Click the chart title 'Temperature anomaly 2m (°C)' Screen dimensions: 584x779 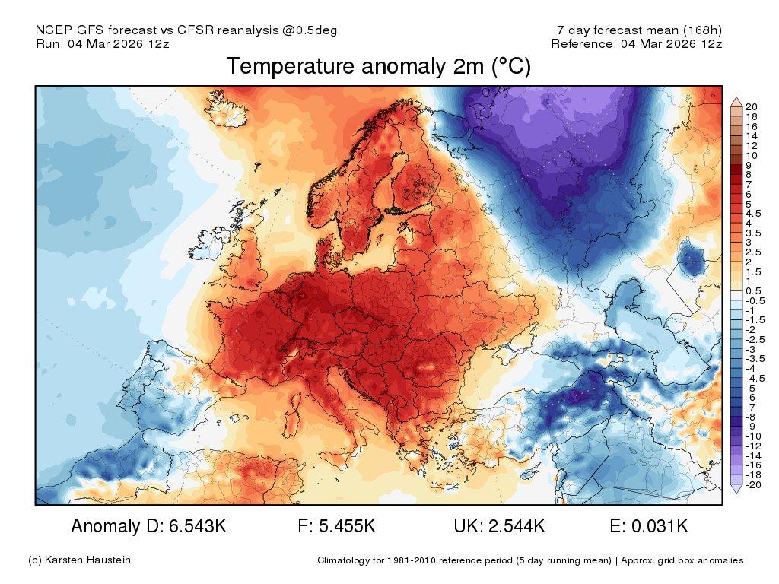point(378,67)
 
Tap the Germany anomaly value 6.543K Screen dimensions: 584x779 point(194,526)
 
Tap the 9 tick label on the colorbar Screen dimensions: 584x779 point(749,165)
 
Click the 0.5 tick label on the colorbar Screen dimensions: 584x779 point(752,291)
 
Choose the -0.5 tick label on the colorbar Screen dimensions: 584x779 point(754,301)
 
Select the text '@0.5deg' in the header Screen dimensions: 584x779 point(313,30)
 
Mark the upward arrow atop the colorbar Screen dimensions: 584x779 point(736,101)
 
